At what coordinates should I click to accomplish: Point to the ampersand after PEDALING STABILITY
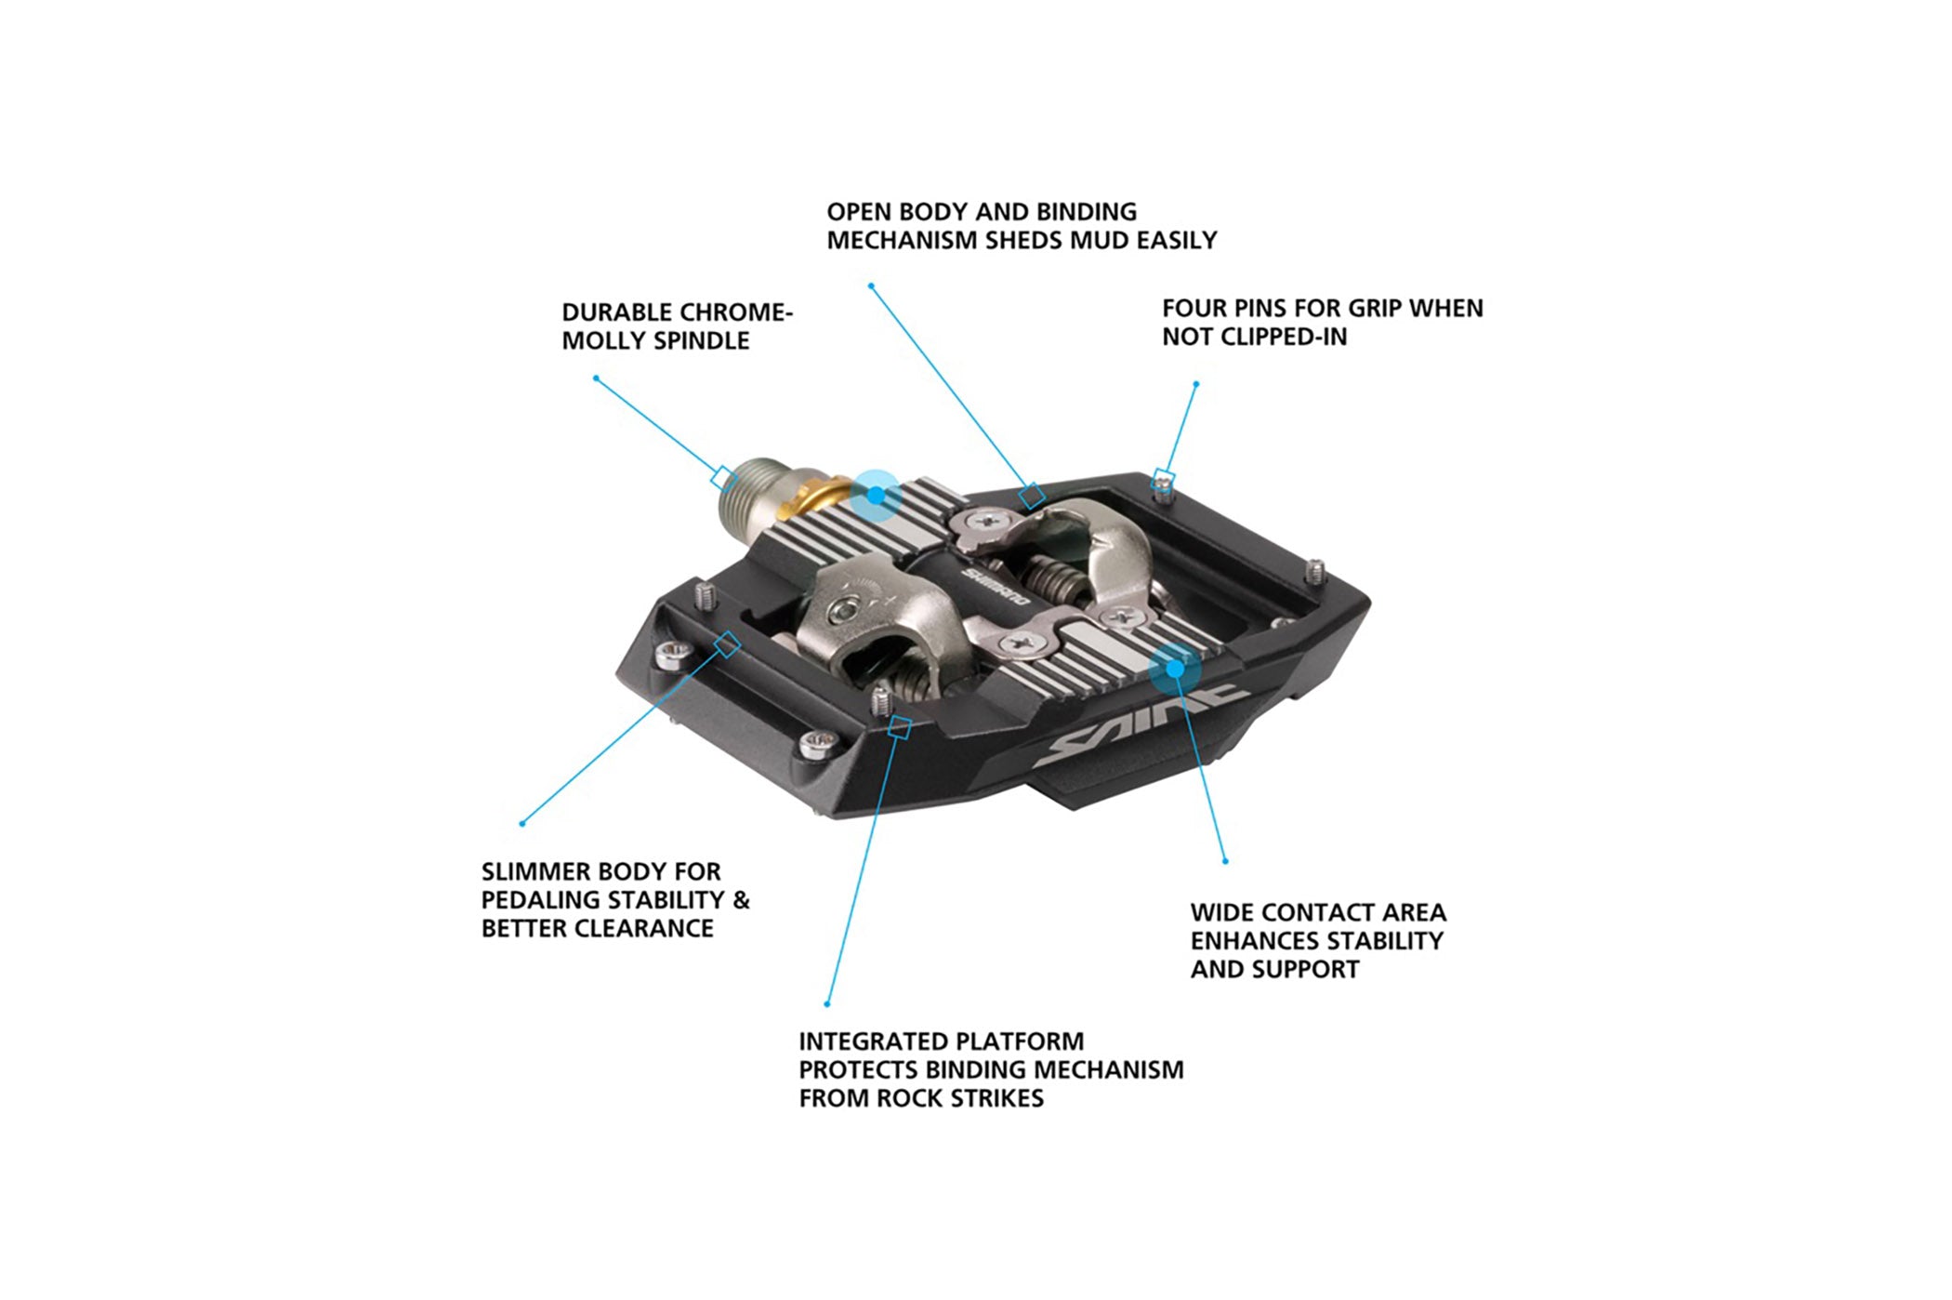point(741,900)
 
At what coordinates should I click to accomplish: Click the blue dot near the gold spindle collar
point(876,495)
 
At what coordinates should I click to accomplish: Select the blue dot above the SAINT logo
point(1175,669)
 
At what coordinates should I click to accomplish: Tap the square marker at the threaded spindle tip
point(724,477)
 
